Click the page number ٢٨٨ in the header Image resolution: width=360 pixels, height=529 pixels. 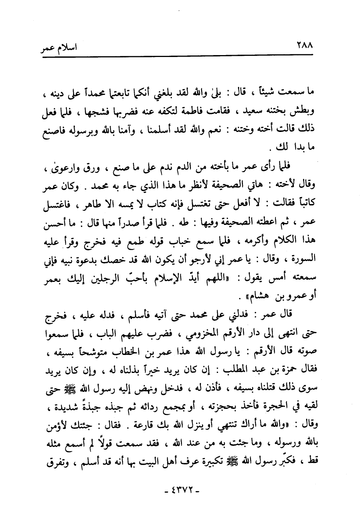point(305,48)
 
